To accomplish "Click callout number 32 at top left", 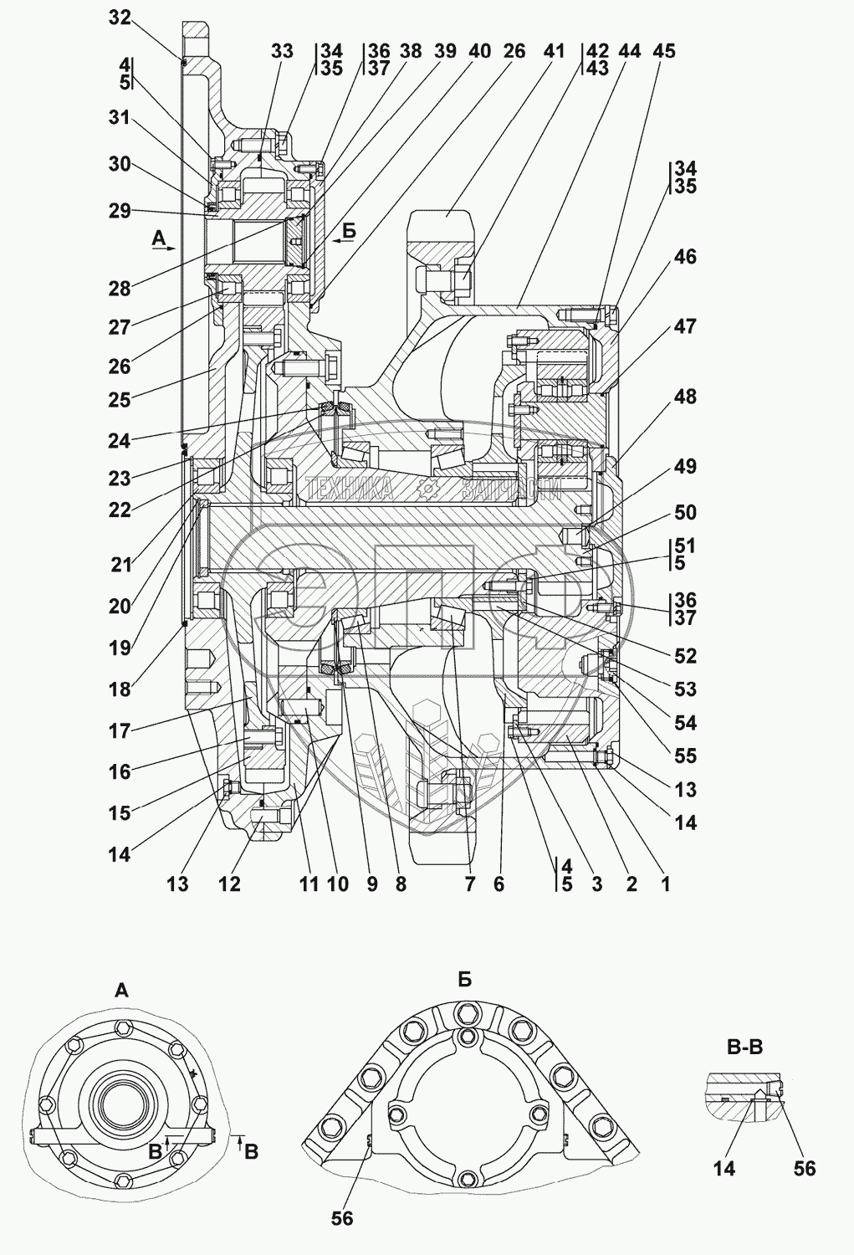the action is [120, 18].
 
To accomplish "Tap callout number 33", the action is [282, 51].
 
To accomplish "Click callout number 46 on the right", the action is [685, 257].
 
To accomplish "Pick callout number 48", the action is [685, 397].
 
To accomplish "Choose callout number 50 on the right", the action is [685, 513].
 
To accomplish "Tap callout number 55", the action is [685, 756].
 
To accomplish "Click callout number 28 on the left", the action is [120, 289].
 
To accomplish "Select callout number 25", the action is [120, 400].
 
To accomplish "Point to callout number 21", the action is [120, 565].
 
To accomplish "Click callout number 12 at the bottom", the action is [229, 884].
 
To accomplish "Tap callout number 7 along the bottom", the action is [469, 884].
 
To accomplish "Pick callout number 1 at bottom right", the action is [665, 884].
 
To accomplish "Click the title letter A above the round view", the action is [121, 991].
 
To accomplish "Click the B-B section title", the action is [744, 1047].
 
